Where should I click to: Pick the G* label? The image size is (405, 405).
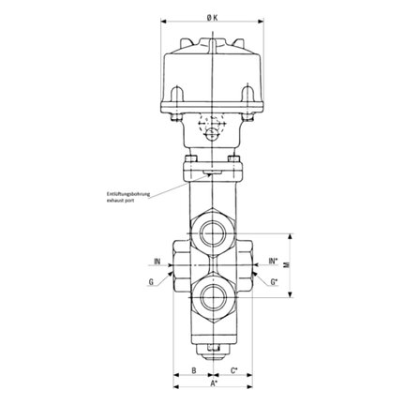pyautogui.click(x=274, y=280)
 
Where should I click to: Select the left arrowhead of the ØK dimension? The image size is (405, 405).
pyautogui.click(x=166, y=21)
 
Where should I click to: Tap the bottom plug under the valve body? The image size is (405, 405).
pyautogui.click(x=213, y=351)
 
